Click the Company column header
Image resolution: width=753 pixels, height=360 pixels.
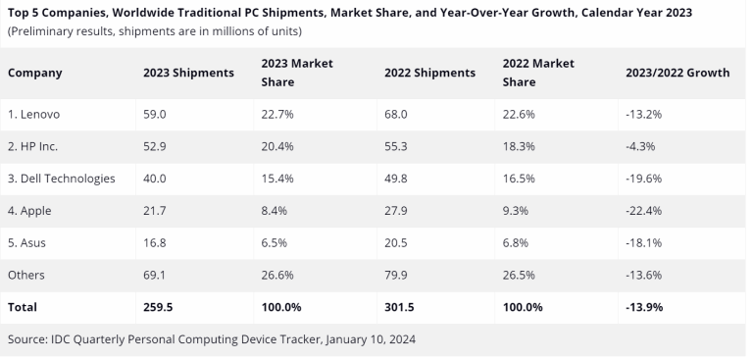[x=35, y=73]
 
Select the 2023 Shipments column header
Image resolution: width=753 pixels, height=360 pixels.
[x=188, y=73]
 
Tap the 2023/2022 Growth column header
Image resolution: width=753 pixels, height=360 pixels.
[x=677, y=73]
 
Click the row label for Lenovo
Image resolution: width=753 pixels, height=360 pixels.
[x=34, y=114]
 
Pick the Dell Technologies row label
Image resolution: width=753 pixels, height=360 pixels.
[x=62, y=179]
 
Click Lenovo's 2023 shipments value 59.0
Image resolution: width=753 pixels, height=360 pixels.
[x=155, y=114]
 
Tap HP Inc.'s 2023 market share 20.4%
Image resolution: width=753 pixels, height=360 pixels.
[x=279, y=146]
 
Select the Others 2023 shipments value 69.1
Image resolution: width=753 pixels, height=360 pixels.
[x=155, y=276]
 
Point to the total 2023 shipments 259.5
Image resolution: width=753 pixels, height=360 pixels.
[x=159, y=307]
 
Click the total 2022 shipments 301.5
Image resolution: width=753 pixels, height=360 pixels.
[x=399, y=307]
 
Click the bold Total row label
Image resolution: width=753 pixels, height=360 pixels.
[x=23, y=307]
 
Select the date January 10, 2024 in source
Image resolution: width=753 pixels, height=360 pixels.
[x=367, y=339]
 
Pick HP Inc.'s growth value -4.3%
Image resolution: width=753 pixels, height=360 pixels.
[x=639, y=146]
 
